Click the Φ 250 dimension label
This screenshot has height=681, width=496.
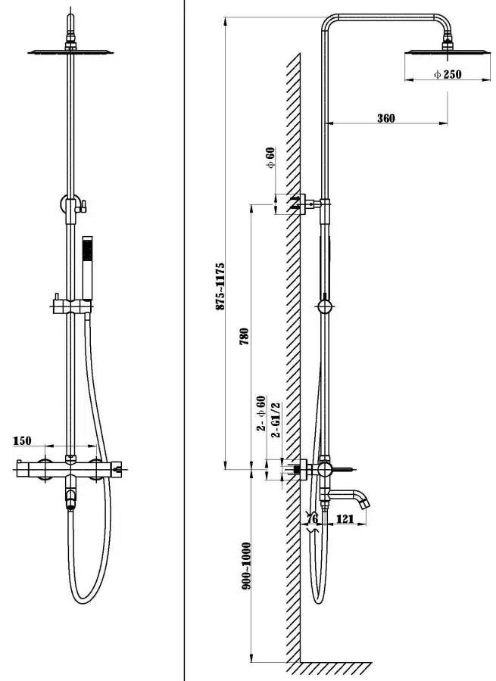point(447,74)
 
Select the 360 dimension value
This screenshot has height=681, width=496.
point(386,117)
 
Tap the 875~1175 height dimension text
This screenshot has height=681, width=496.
point(220,285)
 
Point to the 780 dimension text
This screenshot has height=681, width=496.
point(244,337)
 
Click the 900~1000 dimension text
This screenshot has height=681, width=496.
point(244,566)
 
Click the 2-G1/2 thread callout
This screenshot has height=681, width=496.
point(277,421)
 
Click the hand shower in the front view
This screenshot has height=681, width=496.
point(87,261)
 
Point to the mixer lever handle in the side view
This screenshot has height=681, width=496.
point(345,468)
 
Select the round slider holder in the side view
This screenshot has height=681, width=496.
point(325,306)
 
